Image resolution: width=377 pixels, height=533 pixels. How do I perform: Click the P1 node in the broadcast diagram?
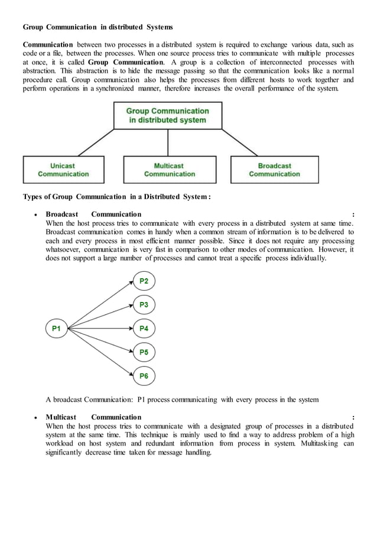click(x=57, y=328)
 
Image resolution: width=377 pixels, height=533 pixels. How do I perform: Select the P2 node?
click(x=144, y=281)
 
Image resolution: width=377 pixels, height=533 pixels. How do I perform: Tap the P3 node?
click(x=144, y=305)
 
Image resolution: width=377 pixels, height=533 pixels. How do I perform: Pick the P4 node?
click(x=144, y=328)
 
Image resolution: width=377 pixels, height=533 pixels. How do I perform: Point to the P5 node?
click(x=144, y=352)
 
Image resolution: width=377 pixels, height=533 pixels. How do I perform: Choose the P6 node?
click(x=144, y=375)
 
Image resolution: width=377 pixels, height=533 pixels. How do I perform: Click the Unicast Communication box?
click(x=63, y=170)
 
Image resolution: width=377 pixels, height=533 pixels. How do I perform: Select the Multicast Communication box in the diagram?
click(x=169, y=170)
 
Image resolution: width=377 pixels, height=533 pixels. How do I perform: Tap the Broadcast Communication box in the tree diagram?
click(x=274, y=170)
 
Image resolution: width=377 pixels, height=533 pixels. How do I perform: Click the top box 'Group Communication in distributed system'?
click(x=168, y=115)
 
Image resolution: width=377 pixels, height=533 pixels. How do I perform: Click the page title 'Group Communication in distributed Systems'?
click(x=97, y=27)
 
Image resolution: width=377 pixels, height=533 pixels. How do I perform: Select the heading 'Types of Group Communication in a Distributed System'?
click(x=116, y=197)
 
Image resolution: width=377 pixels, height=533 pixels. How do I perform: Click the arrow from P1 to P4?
click(x=100, y=328)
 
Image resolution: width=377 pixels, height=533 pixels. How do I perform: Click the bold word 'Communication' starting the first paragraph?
click(x=48, y=45)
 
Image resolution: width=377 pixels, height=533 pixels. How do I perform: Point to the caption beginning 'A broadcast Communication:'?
click(x=182, y=399)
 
